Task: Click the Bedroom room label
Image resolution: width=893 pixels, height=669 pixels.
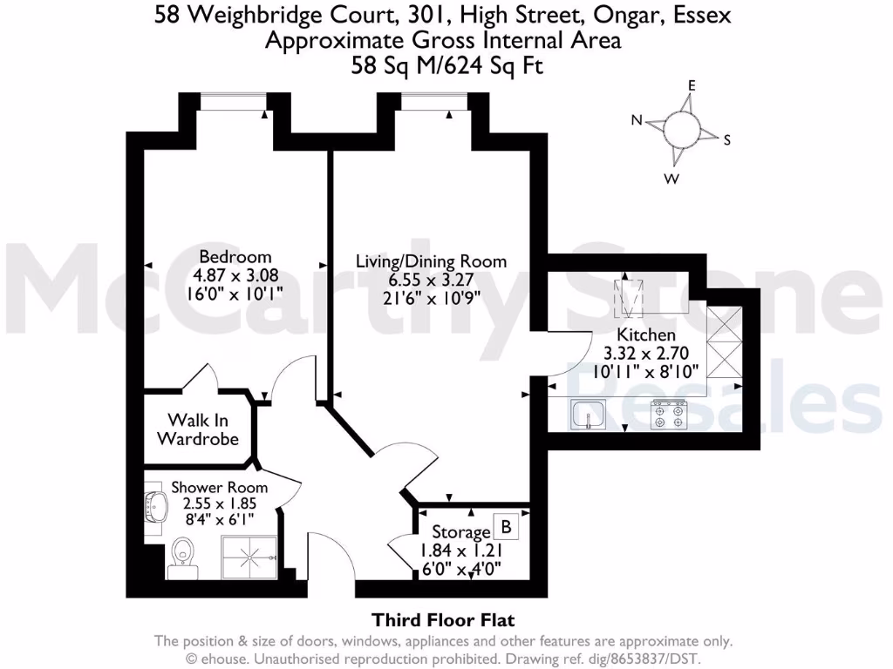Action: point(235,257)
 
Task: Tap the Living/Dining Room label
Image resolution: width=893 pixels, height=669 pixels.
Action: point(431,261)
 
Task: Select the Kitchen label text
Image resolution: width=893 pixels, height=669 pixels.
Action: point(646,335)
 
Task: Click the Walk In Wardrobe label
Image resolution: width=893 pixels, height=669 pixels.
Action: point(198,429)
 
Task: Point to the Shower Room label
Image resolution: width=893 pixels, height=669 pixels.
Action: point(219,487)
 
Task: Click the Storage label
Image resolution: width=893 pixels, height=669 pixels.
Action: point(461,531)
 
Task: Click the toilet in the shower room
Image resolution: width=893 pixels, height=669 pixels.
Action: point(182,554)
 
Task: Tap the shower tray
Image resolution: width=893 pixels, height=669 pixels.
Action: point(250,557)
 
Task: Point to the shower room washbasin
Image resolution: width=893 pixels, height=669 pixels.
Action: point(158,506)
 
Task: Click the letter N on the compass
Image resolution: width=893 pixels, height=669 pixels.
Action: point(637,121)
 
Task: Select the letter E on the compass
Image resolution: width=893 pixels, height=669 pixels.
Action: point(692,85)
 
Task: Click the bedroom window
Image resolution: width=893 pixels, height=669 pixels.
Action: point(232,105)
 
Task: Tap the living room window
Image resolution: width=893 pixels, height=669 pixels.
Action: point(433,105)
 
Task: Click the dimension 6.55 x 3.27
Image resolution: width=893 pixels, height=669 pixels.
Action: point(431,280)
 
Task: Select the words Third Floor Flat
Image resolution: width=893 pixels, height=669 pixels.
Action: point(444,620)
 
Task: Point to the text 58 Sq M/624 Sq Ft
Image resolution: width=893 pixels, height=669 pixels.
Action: point(446,64)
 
